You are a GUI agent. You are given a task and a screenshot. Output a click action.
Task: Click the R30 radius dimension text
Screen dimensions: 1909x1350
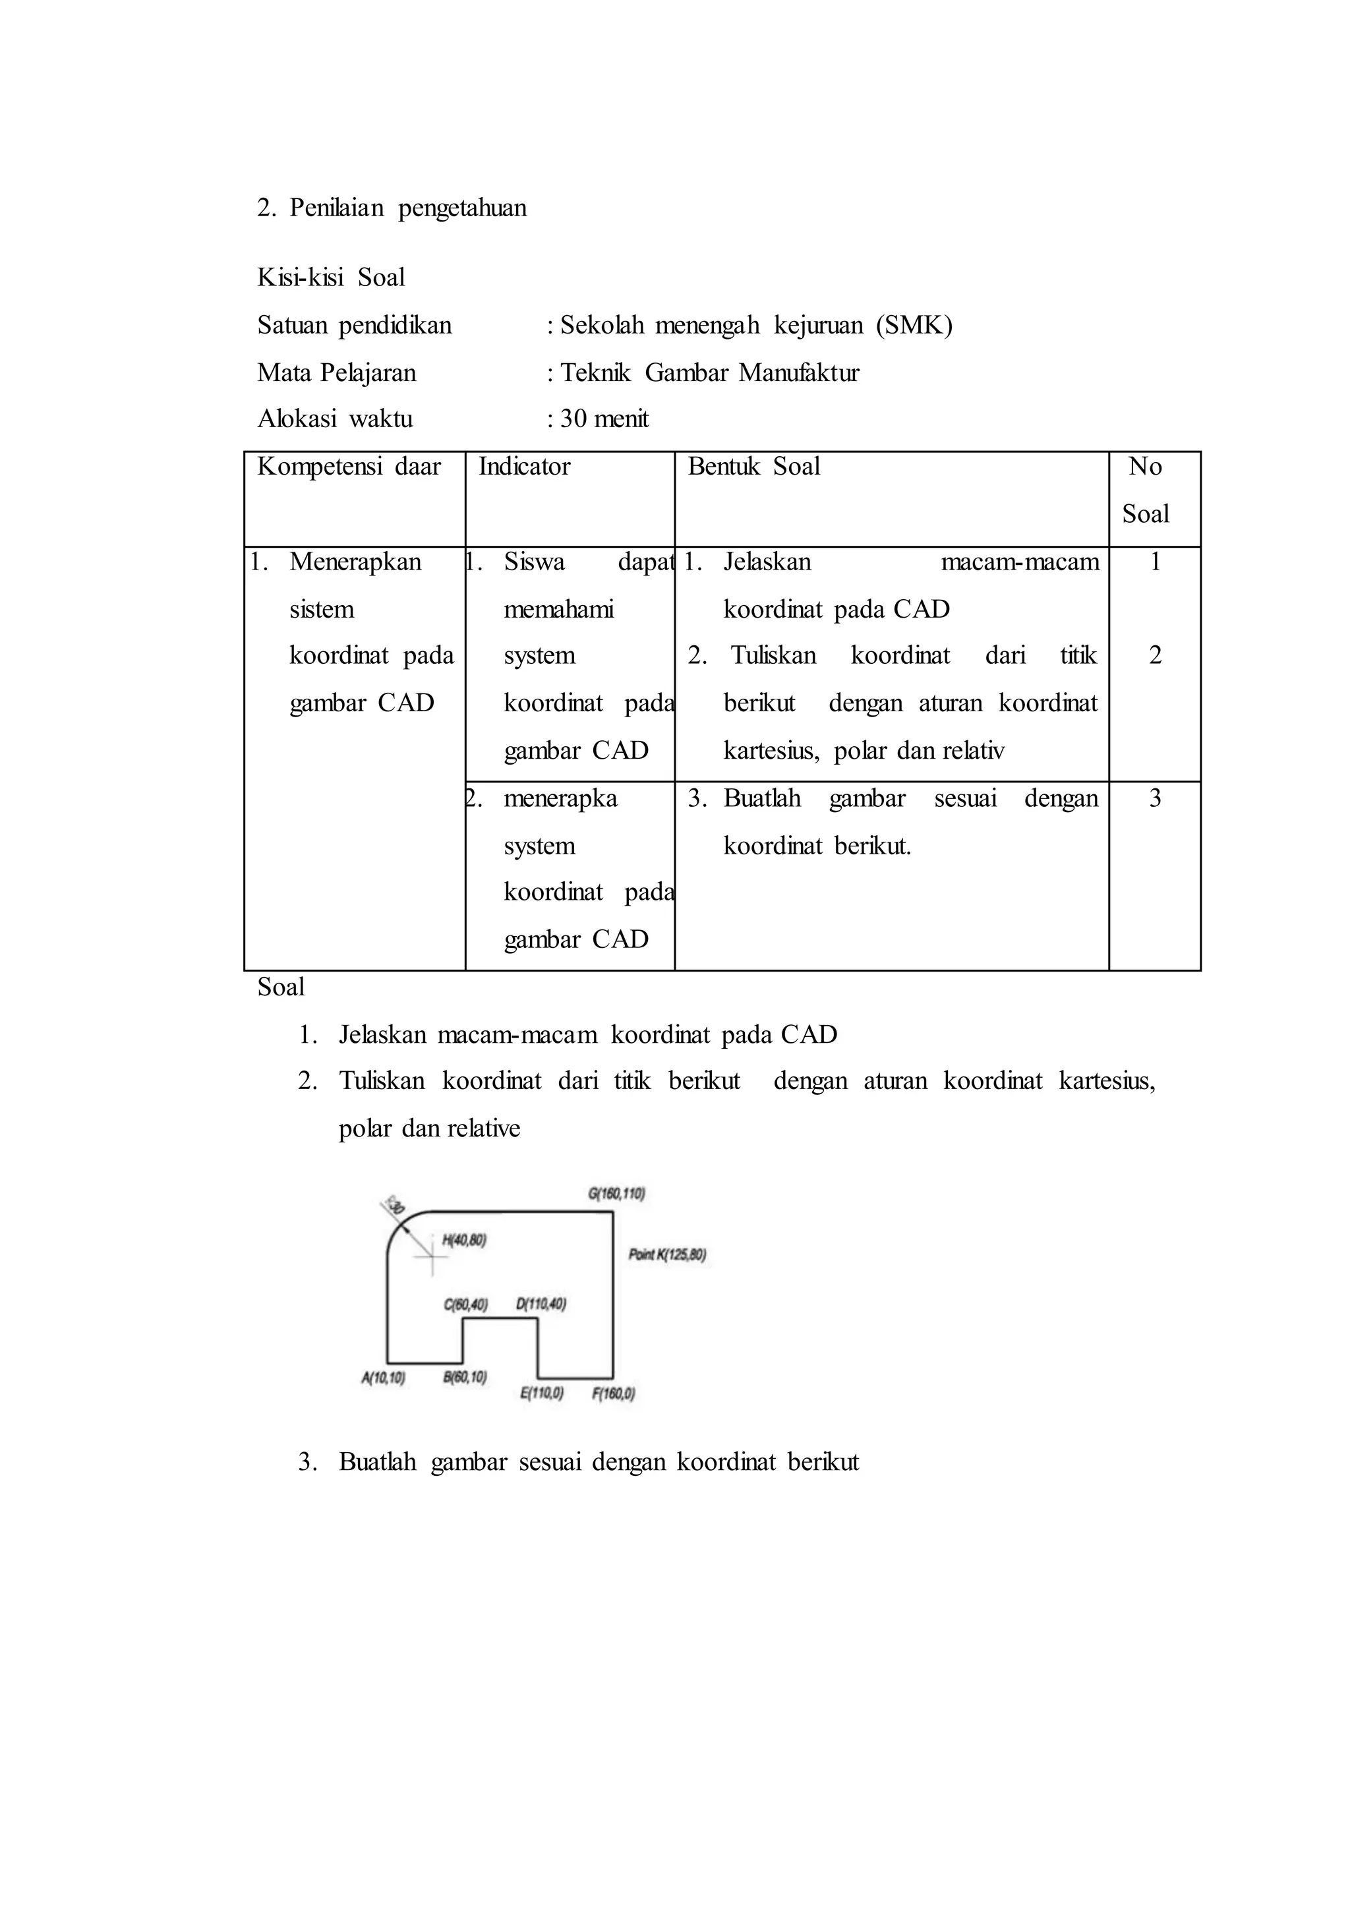click(x=395, y=1206)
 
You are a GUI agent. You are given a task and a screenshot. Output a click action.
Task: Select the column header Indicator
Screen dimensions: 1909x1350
click(x=525, y=467)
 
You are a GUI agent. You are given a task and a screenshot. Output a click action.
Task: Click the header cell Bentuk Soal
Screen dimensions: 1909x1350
click(x=753, y=467)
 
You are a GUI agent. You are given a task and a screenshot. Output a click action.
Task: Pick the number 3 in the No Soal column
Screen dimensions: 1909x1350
click(x=1155, y=799)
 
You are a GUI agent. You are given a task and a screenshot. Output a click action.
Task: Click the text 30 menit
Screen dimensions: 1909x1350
click(x=604, y=419)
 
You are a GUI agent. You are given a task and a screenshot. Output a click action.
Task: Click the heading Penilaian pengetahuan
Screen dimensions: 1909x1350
click(x=407, y=208)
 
